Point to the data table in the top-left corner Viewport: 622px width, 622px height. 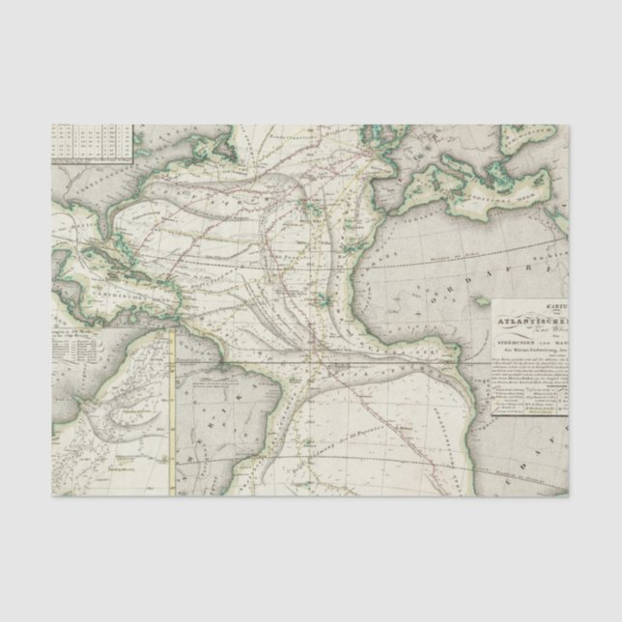pos(91,141)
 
